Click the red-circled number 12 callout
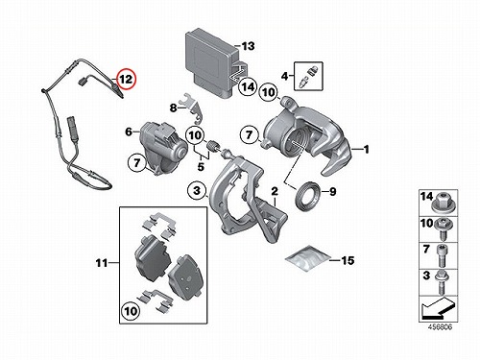(127, 79)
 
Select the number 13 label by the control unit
(248, 46)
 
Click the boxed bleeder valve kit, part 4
(308, 76)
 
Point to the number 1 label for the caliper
(367, 149)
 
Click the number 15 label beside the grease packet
(348, 260)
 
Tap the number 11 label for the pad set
(102, 263)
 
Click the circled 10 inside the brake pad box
(131, 311)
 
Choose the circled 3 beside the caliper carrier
(197, 191)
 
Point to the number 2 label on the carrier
(275, 191)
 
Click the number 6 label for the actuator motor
(129, 132)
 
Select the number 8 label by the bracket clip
(173, 108)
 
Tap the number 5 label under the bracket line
(201, 166)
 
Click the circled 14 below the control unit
(248, 86)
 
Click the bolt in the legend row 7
(443, 255)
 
